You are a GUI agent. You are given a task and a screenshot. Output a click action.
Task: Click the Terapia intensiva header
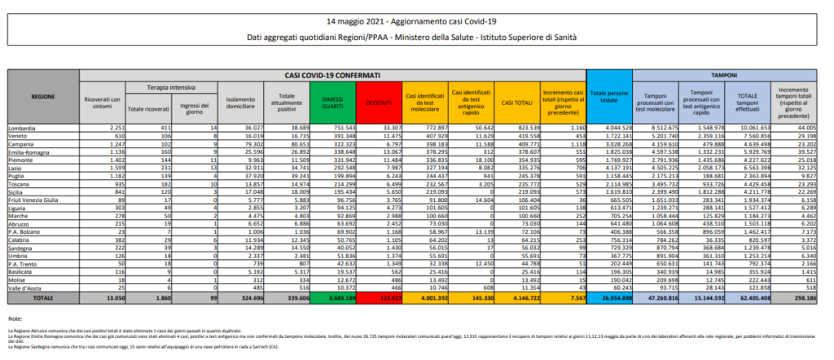tap(164, 86)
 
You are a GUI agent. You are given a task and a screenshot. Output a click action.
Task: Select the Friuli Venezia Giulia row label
tap(33, 200)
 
